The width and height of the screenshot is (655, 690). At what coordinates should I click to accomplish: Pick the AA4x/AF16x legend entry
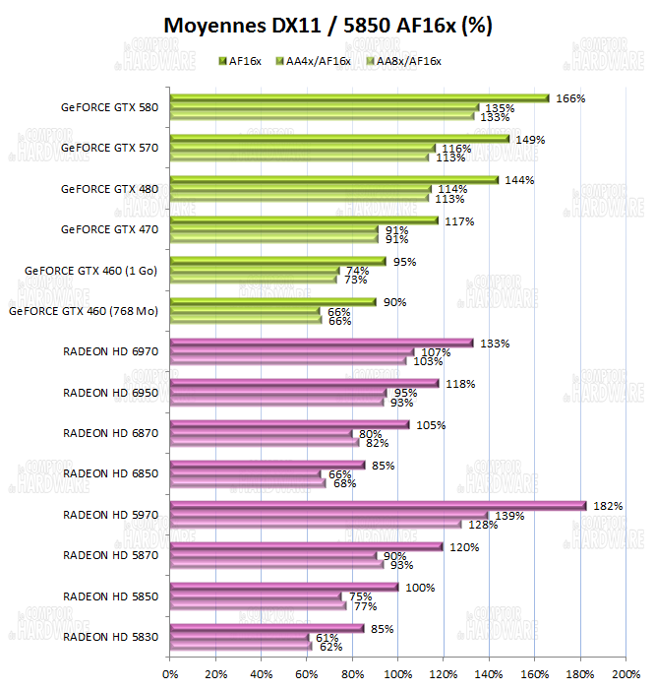[317, 61]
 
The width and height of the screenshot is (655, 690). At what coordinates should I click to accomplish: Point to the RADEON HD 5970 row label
[110, 514]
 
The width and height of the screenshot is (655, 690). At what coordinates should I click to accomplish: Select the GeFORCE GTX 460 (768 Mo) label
[84, 311]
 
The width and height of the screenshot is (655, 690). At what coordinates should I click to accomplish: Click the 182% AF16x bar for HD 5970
[378, 506]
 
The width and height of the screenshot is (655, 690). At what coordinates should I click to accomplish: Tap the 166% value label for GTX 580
[570, 98]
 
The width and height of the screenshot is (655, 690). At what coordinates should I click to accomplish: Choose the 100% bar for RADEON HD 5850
[284, 588]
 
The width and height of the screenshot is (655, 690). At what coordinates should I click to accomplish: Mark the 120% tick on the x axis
[444, 674]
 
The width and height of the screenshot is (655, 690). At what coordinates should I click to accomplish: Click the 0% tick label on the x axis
[170, 674]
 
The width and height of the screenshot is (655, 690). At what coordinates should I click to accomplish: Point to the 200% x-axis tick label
[625, 674]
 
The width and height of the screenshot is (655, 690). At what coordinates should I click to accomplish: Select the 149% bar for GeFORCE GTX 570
[340, 140]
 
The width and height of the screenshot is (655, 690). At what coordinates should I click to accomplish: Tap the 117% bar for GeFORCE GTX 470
[304, 220]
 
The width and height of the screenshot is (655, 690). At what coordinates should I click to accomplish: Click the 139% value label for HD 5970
[509, 516]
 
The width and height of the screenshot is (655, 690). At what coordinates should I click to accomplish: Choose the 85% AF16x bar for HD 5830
[267, 628]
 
